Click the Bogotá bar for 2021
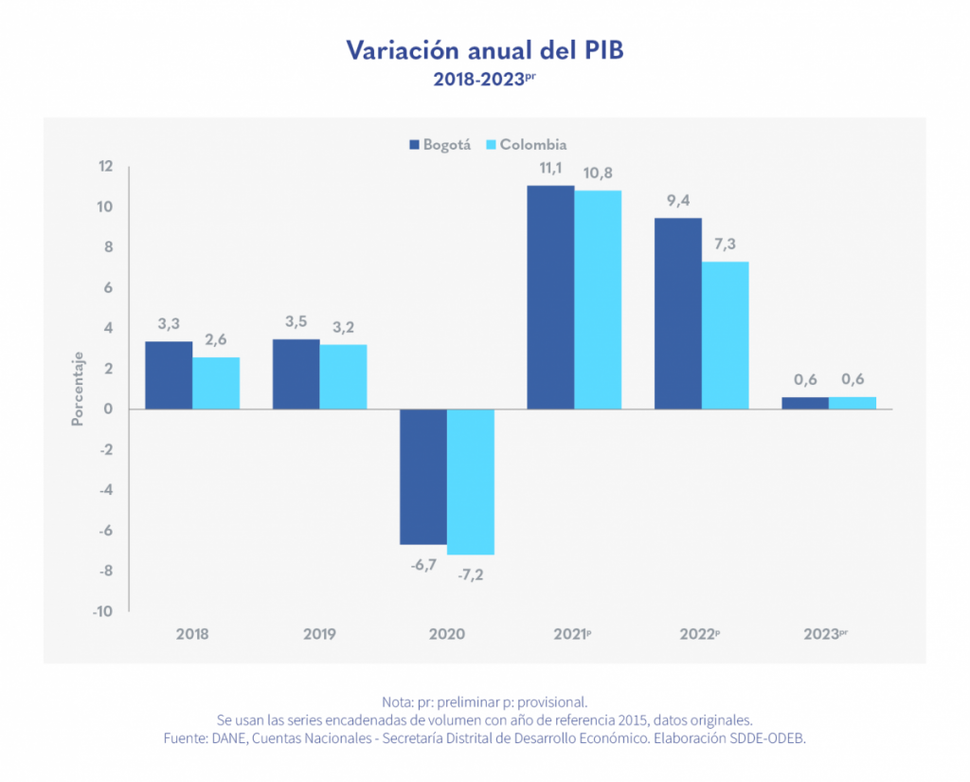coord(550,297)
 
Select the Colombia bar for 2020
coord(471,482)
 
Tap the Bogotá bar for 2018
coord(169,375)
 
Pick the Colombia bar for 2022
coord(725,336)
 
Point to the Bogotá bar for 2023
coord(805,403)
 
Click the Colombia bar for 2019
coord(343,376)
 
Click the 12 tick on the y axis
coord(104,167)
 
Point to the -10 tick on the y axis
coord(102,611)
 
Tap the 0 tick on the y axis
coord(109,409)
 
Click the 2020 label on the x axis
coord(447,634)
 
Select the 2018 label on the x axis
coord(192,634)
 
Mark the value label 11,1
coord(550,169)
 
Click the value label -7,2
coord(471,575)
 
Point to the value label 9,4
coord(678,200)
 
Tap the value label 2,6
coord(216,339)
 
